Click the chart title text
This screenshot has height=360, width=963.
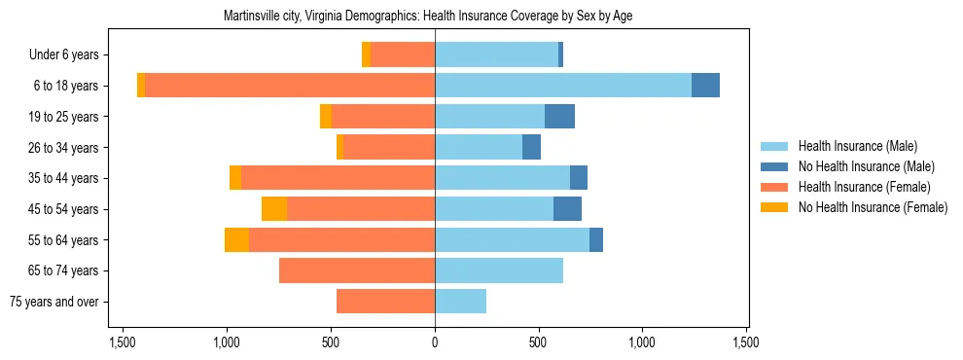click(x=429, y=17)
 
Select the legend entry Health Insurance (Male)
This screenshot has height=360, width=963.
click(x=857, y=146)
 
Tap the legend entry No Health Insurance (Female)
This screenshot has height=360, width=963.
click(x=873, y=207)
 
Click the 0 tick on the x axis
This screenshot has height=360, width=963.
click(x=435, y=342)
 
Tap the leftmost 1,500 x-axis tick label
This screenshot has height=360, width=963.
click(x=123, y=342)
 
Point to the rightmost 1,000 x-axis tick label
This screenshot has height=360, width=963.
click(x=643, y=342)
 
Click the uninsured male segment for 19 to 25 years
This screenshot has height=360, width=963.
click(x=559, y=117)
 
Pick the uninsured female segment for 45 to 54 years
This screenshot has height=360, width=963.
click(x=274, y=209)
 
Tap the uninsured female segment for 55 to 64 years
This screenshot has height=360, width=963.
click(x=236, y=239)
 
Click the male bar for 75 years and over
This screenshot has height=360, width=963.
click(x=460, y=302)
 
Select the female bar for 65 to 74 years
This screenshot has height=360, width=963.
click(x=357, y=270)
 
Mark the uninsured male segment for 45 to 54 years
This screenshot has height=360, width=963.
click(x=567, y=209)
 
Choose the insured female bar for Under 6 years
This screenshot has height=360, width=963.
click(x=403, y=55)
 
